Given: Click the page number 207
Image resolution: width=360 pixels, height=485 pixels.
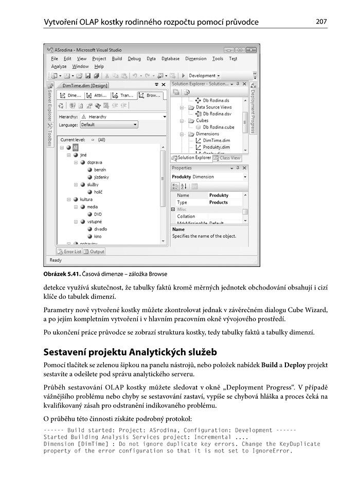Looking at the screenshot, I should [321, 22].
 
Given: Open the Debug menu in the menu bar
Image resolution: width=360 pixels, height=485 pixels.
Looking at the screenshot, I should [134, 59].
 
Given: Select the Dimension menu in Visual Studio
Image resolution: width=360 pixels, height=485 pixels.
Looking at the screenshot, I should [195, 59].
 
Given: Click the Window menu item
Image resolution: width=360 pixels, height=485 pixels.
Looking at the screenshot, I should [80, 66].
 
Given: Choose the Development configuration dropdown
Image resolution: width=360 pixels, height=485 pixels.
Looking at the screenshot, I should [204, 76].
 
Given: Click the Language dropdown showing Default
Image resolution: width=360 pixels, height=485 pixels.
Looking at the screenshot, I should [109, 124].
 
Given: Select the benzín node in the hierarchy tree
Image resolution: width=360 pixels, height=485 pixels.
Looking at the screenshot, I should [100, 169].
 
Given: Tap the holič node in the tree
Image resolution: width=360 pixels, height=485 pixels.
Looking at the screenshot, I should [98, 191].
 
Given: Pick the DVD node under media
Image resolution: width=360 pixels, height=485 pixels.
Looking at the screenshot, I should [97, 214].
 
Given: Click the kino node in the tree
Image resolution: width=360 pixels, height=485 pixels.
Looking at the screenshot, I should [97, 237].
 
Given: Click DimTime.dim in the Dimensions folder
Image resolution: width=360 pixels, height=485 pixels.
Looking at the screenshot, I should [216, 140].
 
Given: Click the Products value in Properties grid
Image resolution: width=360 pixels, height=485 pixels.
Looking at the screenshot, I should [219, 202].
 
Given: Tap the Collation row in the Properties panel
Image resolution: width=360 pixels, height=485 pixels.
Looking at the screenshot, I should [186, 217].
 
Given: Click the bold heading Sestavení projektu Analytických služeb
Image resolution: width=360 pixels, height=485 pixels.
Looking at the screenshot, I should [130, 352].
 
